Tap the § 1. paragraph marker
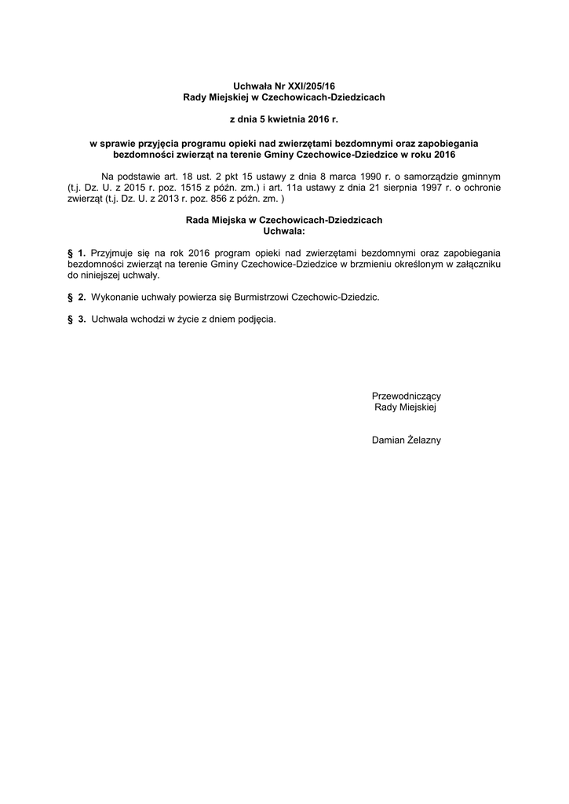[76, 254]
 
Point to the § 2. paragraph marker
[76, 298]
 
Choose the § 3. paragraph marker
[76, 320]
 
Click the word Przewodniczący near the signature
[406, 397]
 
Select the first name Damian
[390, 440]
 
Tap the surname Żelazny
[425, 440]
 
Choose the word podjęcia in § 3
[257, 320]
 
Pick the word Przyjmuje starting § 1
[115, 254]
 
